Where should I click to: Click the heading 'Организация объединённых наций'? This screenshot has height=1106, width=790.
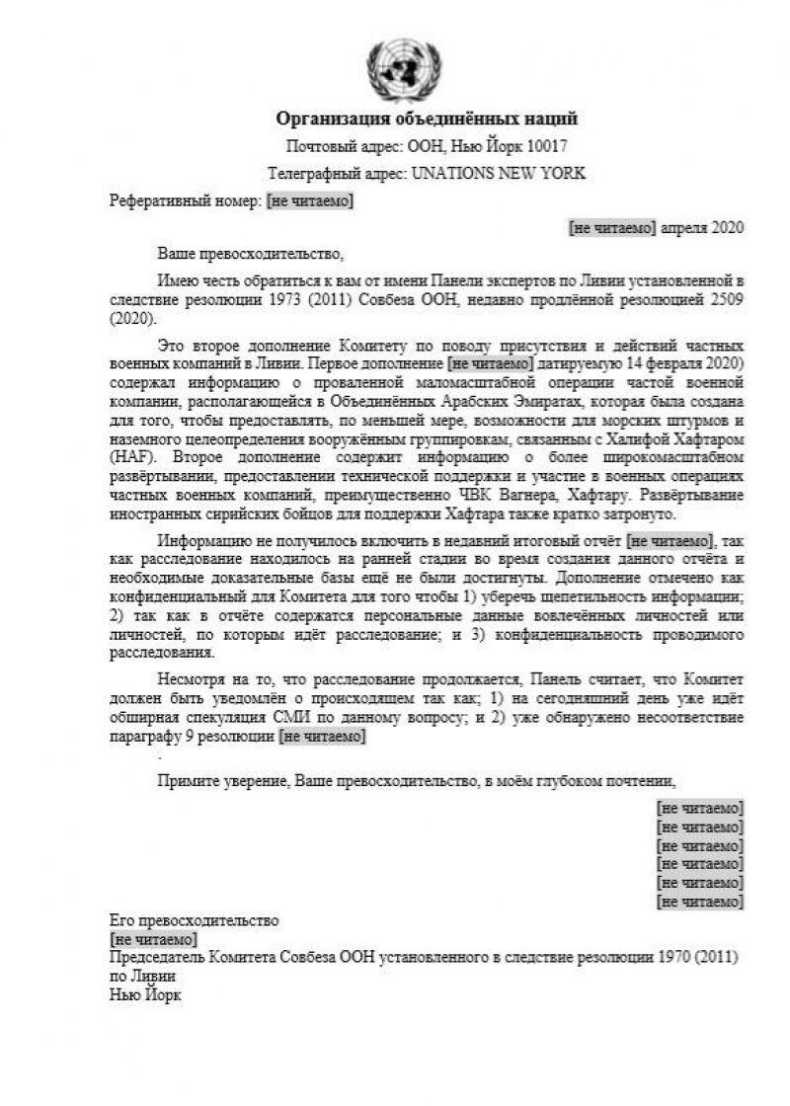(427, 119)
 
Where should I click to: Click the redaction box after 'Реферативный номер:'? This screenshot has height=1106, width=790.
(310, 201)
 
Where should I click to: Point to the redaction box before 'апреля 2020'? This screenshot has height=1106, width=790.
(612, 227)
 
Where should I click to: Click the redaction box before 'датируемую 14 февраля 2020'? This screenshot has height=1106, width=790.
(490, 363)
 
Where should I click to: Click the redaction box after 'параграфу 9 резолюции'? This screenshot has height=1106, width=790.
(323, 736)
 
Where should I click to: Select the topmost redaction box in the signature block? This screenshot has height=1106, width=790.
(700, 808)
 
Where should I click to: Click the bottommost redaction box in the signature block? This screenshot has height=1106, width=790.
(700, 902)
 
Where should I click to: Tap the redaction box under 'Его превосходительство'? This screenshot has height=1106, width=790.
(153, 939)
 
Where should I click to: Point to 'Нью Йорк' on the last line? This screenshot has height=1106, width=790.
(145, 994)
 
